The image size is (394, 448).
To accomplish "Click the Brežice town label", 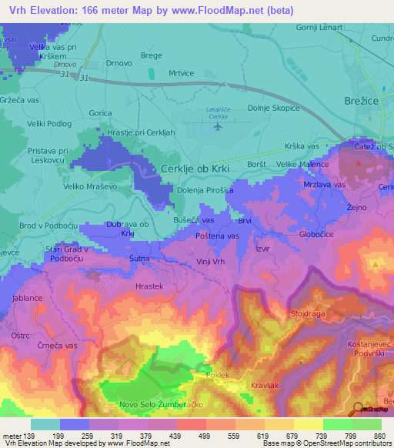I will pos(359,101).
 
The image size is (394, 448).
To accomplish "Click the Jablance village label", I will pos(27,297).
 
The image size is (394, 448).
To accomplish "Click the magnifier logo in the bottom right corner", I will pos(359,409).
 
